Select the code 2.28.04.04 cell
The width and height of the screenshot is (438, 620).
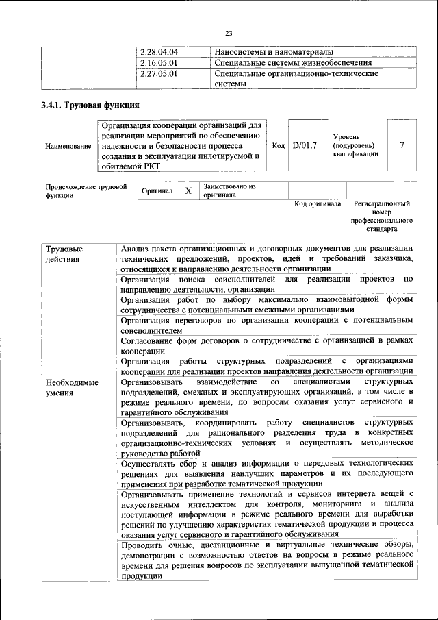(159, 52)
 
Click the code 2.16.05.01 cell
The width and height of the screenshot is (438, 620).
(159, 62)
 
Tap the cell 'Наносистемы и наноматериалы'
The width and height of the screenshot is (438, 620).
(274, 52)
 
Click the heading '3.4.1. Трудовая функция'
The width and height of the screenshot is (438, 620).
(90, 106)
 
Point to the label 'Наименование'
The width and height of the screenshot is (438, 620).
(68, 146)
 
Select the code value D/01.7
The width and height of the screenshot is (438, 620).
(304, 145)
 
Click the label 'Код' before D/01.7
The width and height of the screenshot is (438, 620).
(278, 145)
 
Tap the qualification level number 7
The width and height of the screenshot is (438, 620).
(402, 145)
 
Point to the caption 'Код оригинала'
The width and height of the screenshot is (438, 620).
(317, 204)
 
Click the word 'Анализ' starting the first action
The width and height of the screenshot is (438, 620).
(136, 248)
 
